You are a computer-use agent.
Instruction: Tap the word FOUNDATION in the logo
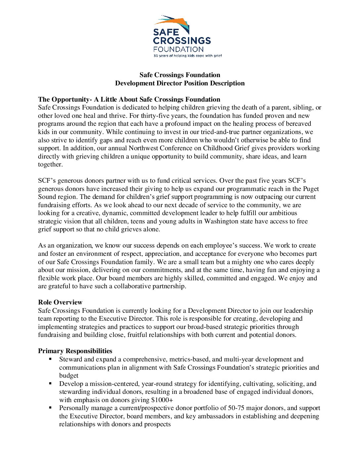click(x=178, y=49)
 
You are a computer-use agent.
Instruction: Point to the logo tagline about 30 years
click(x=187, y=56)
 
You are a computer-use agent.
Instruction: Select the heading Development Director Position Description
click(x=180, y=83)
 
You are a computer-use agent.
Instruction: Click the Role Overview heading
click(x=60, y=302)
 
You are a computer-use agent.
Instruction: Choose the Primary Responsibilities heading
click(x=75, y=351)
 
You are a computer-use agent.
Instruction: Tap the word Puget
click(x=311, y=189)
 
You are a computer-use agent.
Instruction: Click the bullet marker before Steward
click(x=50, y=359)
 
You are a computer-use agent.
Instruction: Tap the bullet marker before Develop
click(x=50, y=383)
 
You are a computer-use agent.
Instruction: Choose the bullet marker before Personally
click(x=50, y=407)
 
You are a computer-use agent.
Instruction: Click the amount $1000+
click(x=162, y=400)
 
